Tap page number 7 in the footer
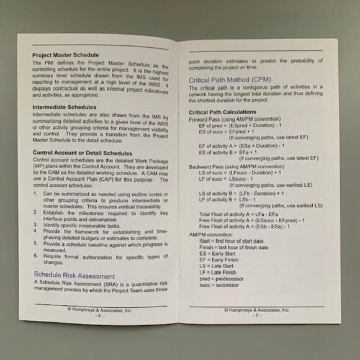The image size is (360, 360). coord(256,316)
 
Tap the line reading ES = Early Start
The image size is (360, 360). coord(217,254)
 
